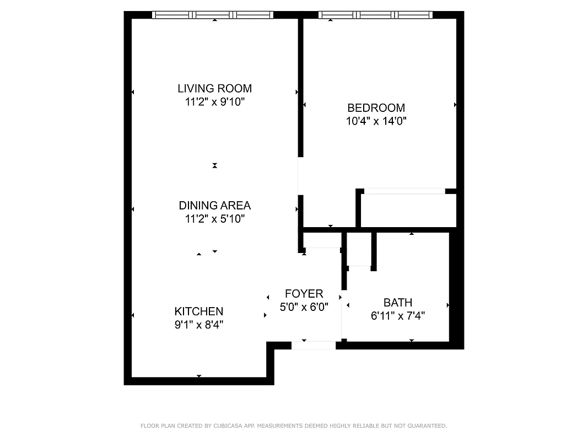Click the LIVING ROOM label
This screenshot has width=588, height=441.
click(214, 88)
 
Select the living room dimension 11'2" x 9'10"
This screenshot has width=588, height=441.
click(214, 102)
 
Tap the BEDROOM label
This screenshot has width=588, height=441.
click(376, 108)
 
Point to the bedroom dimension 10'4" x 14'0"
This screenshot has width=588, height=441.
click(376, 121)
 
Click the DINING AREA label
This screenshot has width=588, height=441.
click(214, 206)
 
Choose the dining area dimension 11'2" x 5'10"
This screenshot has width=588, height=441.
click(214, 219)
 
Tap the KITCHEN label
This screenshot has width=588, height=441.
click(199, 311)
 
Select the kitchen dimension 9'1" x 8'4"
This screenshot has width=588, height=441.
click(199, 325)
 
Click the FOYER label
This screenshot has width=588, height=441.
click(304, 294)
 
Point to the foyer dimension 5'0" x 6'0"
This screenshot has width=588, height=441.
click(304, 307)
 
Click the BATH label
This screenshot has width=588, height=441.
click(398, 303)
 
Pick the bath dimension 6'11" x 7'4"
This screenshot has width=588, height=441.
click(398, 316)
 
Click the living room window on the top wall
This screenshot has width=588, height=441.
click(213, 15)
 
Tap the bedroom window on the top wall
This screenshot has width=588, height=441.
click(376, 15)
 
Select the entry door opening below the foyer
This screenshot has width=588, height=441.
click(314, 346)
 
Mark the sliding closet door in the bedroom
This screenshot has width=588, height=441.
click(404, 191)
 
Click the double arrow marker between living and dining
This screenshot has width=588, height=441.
click(215, 165)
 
